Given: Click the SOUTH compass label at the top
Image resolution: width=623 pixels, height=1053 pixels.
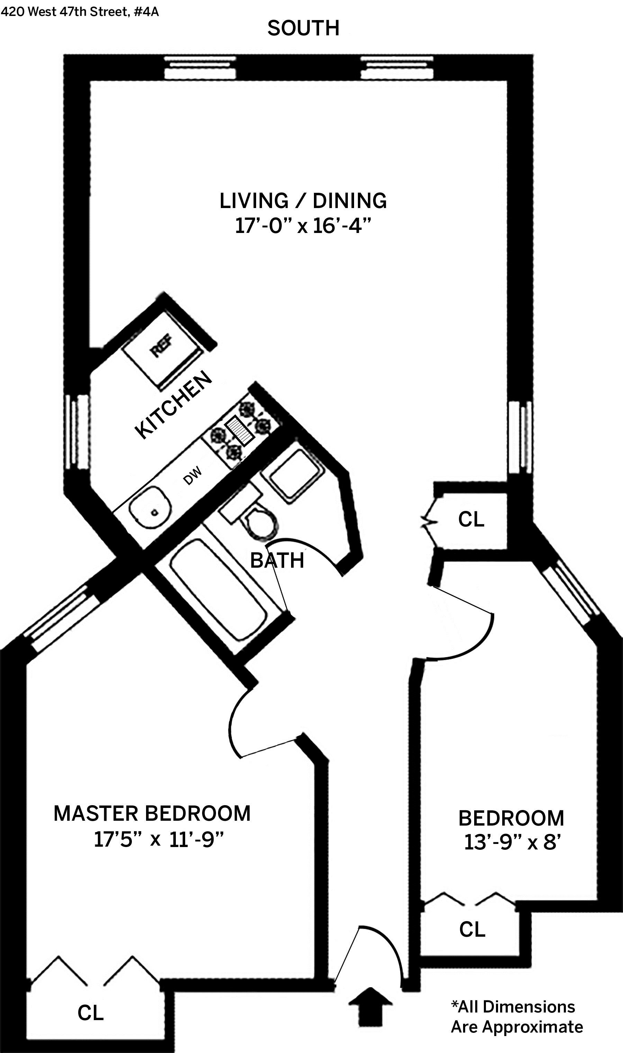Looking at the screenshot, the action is (x=303, y=28).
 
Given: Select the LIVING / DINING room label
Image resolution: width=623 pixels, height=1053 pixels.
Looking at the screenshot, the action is (x=303, y=201).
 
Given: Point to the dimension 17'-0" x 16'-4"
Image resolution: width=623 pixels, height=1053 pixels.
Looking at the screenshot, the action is (x=303, y=226).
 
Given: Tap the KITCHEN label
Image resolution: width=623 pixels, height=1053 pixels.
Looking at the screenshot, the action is (x=173, y=405).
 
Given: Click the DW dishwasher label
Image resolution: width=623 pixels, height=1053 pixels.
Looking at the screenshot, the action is (x=193, y=476).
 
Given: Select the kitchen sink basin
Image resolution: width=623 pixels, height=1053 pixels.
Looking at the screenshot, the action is (x=150, y=507).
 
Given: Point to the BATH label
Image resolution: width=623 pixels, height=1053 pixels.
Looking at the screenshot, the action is (x=277, y=560).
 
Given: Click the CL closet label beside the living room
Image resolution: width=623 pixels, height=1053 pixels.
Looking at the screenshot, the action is (x=471, y=519).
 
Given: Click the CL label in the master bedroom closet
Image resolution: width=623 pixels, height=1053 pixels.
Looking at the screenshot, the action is (x=90, y=1013).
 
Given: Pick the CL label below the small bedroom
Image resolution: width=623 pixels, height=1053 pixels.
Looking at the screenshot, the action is (x=472, y=929).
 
